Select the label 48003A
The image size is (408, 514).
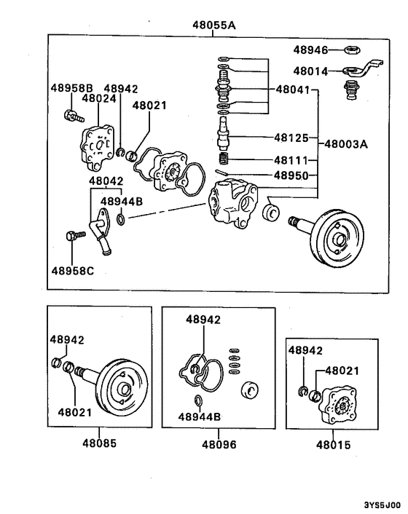point(346,144)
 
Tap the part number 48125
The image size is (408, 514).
point(291,137)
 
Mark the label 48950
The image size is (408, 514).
point(291,175)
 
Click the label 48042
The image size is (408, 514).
point(106,181)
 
